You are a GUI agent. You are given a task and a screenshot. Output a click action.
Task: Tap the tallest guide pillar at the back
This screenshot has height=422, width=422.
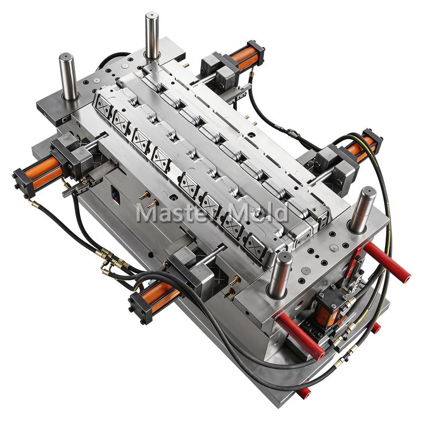point(152,35)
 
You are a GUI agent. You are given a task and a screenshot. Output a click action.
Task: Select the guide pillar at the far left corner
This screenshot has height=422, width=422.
point(69,76)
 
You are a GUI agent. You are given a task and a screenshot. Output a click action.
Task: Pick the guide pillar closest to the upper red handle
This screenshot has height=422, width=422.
point(362,209)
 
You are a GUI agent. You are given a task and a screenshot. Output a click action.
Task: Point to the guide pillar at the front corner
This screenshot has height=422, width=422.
point(280,274)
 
